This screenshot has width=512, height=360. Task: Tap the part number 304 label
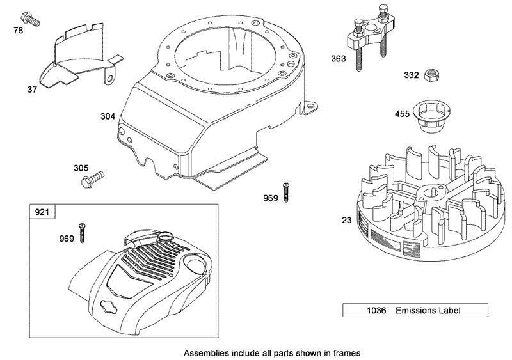click(108, 116)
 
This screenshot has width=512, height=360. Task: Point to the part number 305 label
click(81, 168)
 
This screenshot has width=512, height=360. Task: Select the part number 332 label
click(411, 75)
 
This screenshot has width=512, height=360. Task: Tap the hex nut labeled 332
click(431, 75)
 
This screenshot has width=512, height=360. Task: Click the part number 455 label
click(403, 115)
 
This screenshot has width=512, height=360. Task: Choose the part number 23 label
click(346, 220)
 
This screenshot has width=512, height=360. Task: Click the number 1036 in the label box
click(358, 311)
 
